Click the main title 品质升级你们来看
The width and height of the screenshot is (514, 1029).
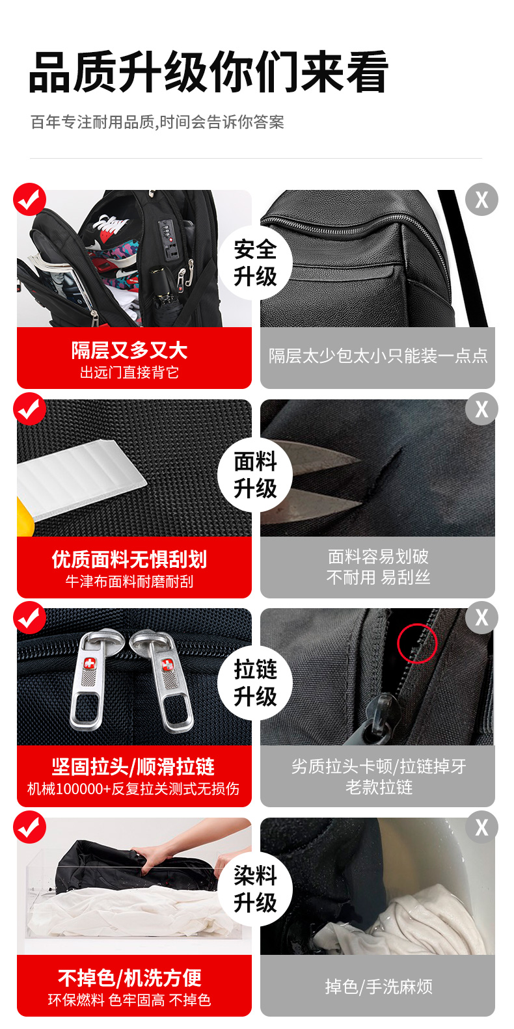(x=209, y=72)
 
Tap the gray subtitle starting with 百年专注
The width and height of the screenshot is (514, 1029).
(x=157, y=122)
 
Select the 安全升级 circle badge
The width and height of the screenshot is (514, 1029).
(x=255, y=263)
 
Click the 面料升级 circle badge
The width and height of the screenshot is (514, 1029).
(x=255, y=474)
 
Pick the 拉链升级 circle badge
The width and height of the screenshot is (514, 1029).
(x=255, y=682)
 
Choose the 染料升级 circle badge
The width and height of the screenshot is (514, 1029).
(x=255, y=889)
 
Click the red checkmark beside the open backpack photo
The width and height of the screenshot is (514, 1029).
(x=30, y=200)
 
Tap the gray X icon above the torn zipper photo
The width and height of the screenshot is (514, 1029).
(x=481, y=617)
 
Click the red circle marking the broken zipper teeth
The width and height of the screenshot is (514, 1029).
(x=417, y=643)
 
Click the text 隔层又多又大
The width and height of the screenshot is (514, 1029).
(x=129, y=350)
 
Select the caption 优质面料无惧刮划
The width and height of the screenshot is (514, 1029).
(x=129, y=559)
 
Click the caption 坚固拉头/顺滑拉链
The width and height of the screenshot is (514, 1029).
(x=133, y=766)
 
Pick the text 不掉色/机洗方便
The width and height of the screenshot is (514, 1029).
(x=129, y=978)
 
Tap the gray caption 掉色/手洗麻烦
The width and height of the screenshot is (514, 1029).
(x=379, y=987)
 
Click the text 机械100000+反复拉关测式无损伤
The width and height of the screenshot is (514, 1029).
(x=133, y=789)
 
